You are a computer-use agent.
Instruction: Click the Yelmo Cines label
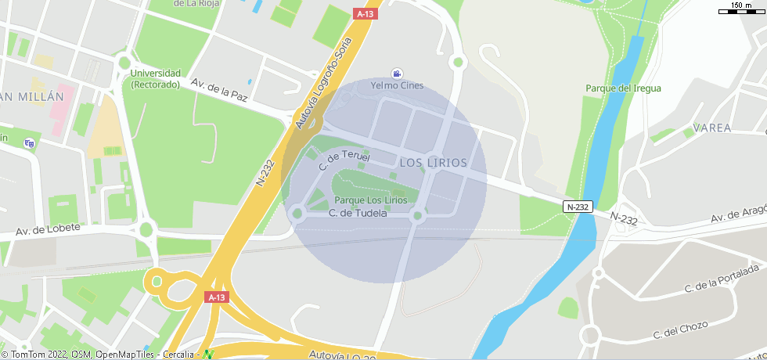pos(397,85)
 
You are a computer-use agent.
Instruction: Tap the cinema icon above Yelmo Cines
pos(398,74)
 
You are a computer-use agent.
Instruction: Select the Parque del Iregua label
pos(623,88)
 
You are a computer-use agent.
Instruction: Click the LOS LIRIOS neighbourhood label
pos(433,163)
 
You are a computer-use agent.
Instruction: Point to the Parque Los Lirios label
pos(371,200)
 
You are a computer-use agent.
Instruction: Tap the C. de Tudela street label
pos(358,212)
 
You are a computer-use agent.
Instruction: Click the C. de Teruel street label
pos(344,161)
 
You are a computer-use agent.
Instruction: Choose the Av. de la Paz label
pos(219,89)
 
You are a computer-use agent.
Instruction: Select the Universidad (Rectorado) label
pos(156,78)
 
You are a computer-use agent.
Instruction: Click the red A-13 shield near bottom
pos(217,297)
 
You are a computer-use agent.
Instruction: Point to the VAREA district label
pos(712,128)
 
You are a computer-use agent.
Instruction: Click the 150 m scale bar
pos(741,9)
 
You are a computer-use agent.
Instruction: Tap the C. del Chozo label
pos(680,329)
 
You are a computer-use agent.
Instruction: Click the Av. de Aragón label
pos(736,215)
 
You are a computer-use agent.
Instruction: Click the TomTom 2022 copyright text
pos(34,355)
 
